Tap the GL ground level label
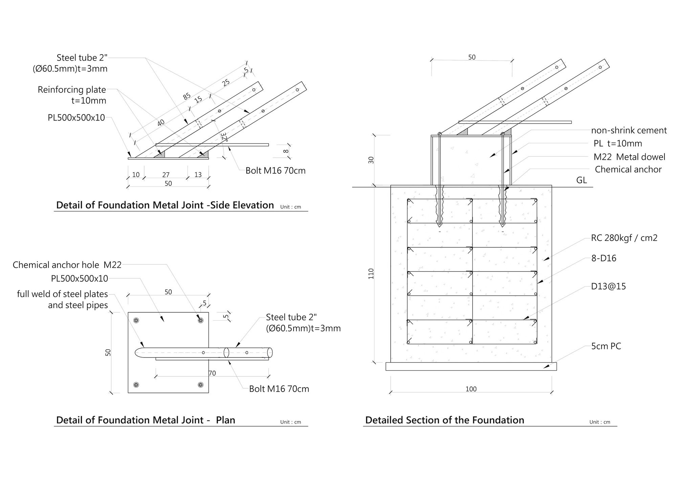pos(581,180)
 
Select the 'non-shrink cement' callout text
pos(629,130)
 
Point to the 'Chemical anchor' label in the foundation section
pos(628,169)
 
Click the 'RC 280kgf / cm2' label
pos(624,238)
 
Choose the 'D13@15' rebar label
pos(608,286)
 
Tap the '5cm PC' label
pos(606,346)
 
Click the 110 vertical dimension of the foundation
pos(371,274)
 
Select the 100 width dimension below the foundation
pos(471,389)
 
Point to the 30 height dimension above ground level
pos(371,160)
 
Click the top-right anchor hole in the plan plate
pos(200,320)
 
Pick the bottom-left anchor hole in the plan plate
pos(136,385)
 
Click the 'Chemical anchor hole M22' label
pos(67,265)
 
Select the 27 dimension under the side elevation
pos(166,175)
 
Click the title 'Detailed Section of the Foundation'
pos(444,420)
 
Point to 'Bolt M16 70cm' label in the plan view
pos(279,389)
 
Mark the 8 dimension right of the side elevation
pos(286,151)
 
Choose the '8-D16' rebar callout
pos(604,258)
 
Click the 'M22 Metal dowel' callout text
pos(629,157)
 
